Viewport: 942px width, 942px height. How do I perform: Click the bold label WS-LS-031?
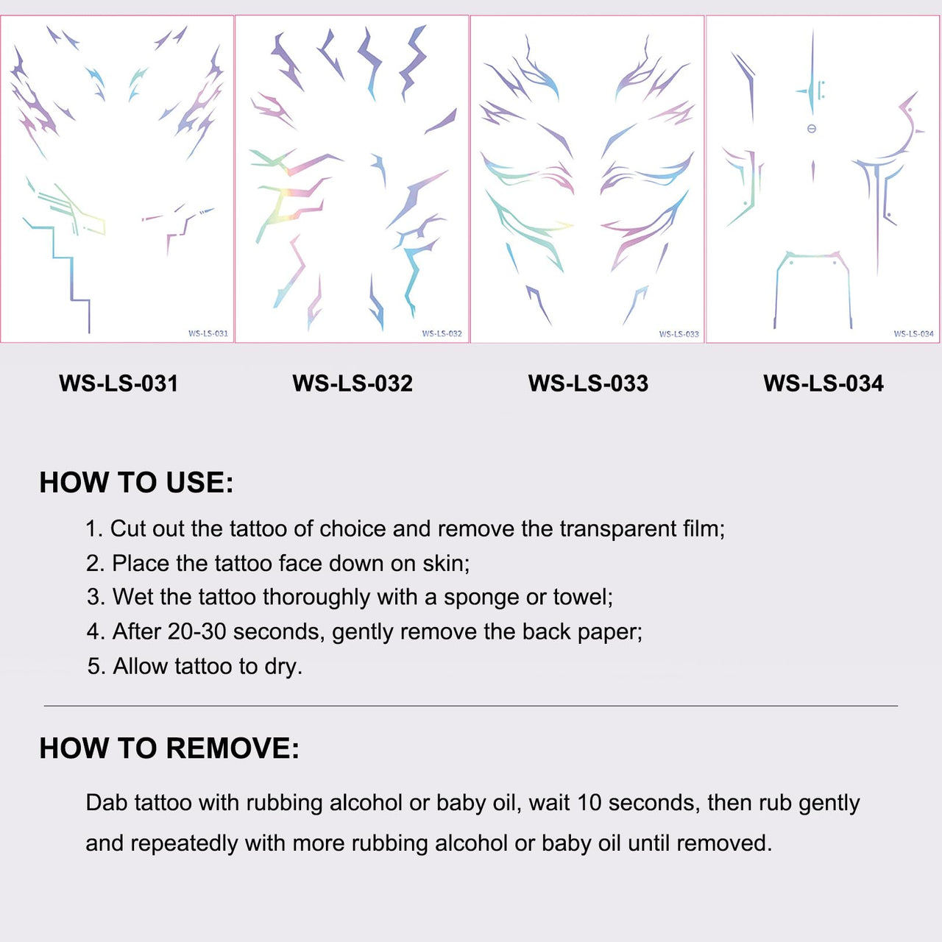(x=118, y=383)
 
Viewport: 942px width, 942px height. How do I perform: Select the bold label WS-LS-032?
(x=353, y=383)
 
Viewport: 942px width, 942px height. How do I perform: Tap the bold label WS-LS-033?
(x=588, y=383)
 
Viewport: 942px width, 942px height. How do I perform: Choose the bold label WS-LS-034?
(x=824, y=383)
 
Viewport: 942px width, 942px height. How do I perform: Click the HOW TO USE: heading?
(x=136, y=483)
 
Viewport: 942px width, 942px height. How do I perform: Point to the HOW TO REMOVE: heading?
(x=169, y=748)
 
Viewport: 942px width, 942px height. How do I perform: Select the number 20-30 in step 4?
(x=197, y=631)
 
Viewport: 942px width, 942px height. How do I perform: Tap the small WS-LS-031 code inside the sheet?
(x=208, y=333)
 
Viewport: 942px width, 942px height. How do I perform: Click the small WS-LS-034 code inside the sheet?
(x=913, y=333)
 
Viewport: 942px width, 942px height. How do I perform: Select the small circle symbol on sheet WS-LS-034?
(x=812, y=129)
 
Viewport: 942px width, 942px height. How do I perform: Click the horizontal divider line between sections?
(x=471, y=706)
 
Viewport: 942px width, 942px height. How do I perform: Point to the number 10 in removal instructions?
(x=589, y=803)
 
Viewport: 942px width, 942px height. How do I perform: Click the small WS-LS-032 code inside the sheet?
(x=442, y=333)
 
